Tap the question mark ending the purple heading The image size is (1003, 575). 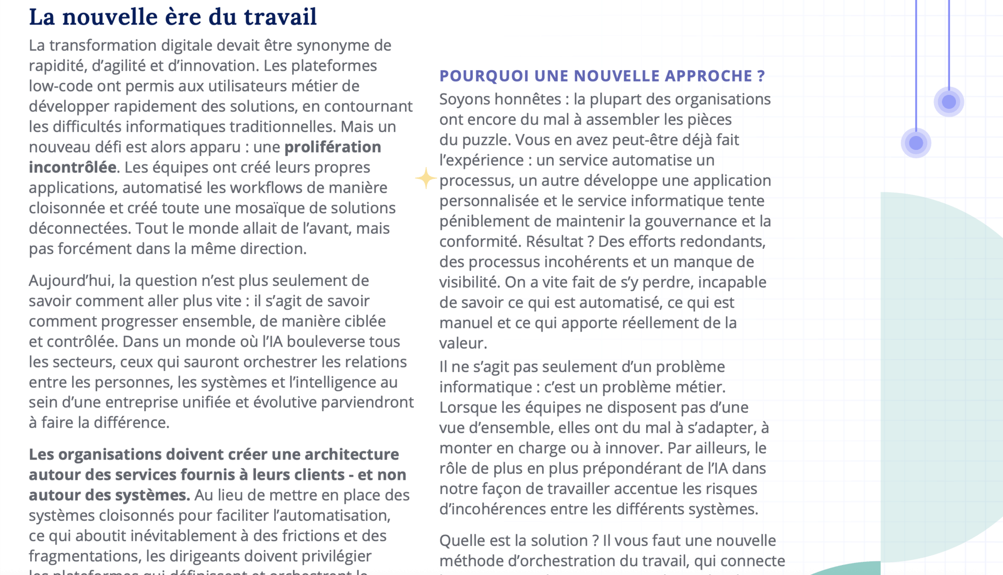(x=761, y=76)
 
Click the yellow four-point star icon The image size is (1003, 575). (x=426, y=178)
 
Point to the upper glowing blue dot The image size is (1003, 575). (x=949, y=101)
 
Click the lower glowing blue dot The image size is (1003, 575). (x=916, y=143)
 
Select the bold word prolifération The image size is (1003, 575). (x=332, y=147)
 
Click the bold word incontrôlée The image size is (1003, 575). (x=73, y=167)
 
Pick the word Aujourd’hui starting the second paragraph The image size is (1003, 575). (x=71, y=281)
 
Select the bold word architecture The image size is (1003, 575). (x=352, y=454)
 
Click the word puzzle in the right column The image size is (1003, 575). (x=483, y=140)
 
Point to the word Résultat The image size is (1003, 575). (x=555, y=241)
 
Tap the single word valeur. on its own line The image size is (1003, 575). (x=463, y=343)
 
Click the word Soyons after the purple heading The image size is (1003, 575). (x=466, y=99)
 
